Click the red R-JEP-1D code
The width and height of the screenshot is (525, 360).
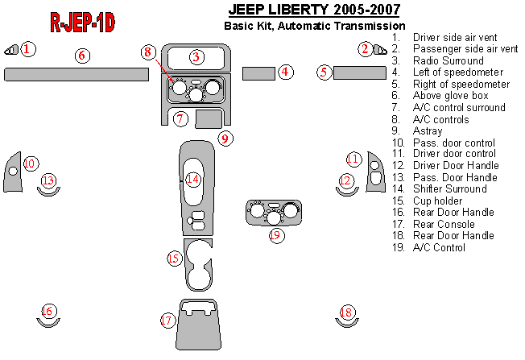(x=81, y=23)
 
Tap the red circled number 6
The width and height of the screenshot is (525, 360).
(x=81, y=56)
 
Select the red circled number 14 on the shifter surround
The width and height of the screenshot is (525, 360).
(x=192, y=180)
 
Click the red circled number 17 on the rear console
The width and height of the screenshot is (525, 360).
(x=167, y=321)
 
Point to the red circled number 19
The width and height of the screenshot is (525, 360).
(x=275, y=235)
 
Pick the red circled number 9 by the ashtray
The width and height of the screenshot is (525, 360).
(x=225, y=139)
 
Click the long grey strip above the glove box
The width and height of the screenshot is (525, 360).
(x=76, y=75)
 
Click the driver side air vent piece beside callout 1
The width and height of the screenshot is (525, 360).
(x=11, y=50)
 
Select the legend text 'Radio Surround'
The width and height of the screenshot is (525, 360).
(x=448, y=60)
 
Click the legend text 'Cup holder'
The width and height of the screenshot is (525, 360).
(x=437, y=201)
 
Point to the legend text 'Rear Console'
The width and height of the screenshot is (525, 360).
(x=442, y=224)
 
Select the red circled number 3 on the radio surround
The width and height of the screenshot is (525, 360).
(x=196, y=56)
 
